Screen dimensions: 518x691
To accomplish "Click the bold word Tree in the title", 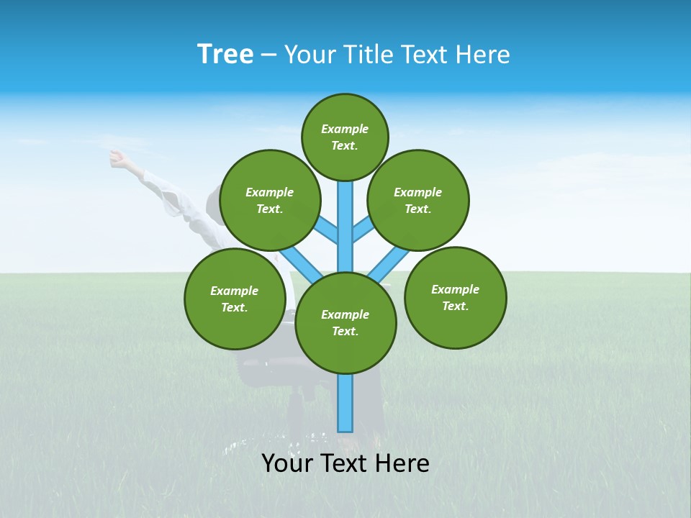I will coord(225,54).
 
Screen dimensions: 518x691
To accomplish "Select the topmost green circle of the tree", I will coord(345,137).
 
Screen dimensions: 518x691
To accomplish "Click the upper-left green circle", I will coord(269,200).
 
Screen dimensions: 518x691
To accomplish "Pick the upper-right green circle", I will coord(417,200).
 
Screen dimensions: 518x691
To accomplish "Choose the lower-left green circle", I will coord(235,299).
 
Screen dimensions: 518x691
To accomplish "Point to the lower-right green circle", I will coord(455,297).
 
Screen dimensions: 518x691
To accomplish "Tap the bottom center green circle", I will coord(345,322).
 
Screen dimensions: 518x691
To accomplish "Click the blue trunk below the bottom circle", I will coord(345,403).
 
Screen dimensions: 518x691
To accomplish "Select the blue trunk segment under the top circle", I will coord(345,216).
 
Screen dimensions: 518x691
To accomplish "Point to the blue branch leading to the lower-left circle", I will coord(299,262).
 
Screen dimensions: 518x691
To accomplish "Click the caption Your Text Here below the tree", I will coord(345,463).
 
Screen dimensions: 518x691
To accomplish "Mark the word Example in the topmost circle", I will coord(345,129).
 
